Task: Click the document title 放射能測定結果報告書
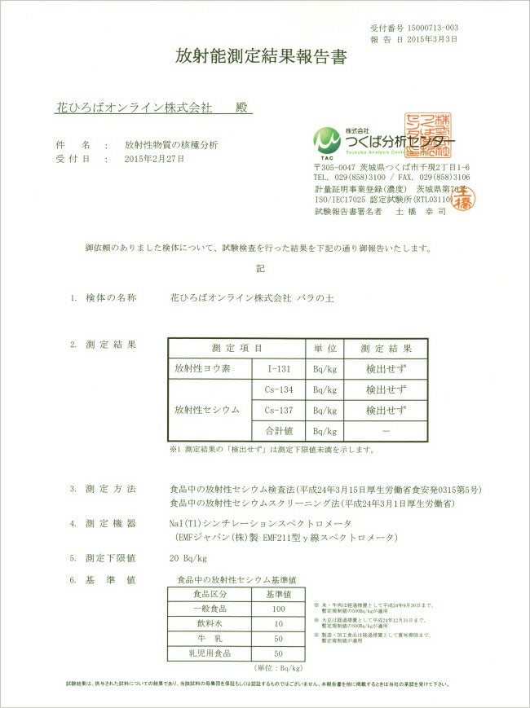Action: tap(261, 56)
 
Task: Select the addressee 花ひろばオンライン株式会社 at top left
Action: tap(133, 107)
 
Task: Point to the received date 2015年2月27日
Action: tap(155, 159)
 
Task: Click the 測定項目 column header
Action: tap(236, 348)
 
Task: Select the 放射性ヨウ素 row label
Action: tap(203, 368)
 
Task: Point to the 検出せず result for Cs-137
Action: tap(386, 410)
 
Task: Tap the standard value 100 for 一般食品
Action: tap(278, 609)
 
